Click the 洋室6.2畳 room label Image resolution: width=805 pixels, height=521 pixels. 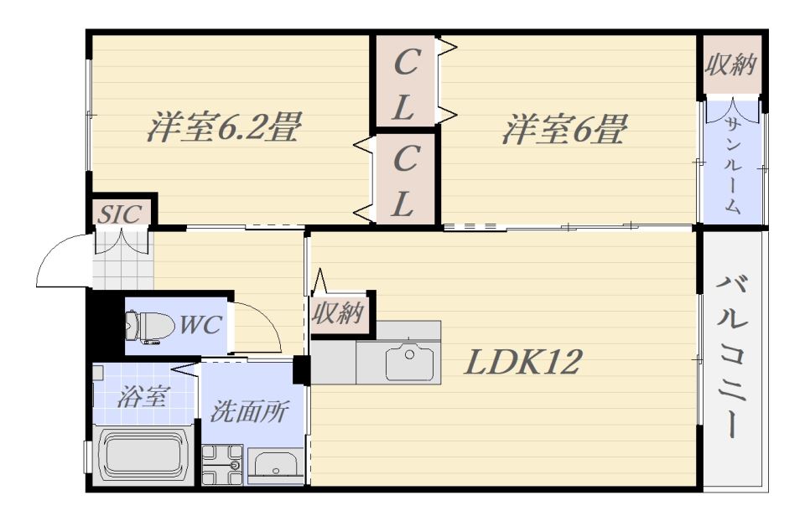pos(223,128)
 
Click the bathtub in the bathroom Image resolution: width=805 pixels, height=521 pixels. pos(142,457)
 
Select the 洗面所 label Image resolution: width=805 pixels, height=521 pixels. pos(250,411)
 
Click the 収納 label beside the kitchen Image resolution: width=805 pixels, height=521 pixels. pos(339,313)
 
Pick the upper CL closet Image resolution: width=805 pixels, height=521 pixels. pos(405,83)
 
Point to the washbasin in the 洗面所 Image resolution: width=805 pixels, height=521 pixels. pos(276,466)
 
